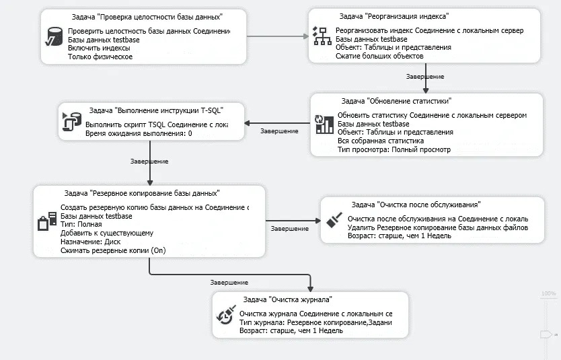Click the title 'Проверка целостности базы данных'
click(x=146, y=16)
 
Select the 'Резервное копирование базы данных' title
click(x=141, y=193)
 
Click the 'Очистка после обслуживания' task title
click(x=416, y=205)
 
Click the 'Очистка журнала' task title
click(x=287, y=299)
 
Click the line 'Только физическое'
click(x=100, y=57)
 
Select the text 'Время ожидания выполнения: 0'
click(x=139, y=134)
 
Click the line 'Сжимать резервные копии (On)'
click(x=113, y=250)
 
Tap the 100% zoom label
click(x=548, y=293)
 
